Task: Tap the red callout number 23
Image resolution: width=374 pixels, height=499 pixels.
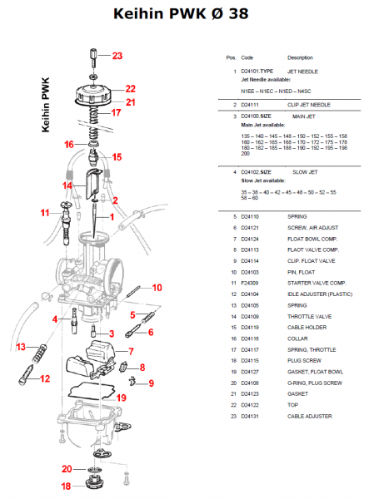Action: click(x=117, y=56)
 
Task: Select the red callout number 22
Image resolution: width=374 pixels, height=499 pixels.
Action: click(x=130, y=87)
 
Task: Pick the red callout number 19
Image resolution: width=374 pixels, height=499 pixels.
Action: click(x=121, y=398)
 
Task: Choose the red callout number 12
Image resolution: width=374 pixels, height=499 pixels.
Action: click(x=45, y=378)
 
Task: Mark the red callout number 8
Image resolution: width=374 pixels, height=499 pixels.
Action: click(x=142, y=367)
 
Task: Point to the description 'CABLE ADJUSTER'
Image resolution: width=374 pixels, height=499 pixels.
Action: click(x=310, y=415)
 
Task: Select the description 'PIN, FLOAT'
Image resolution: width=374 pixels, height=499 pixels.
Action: click(x=300, y=271)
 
